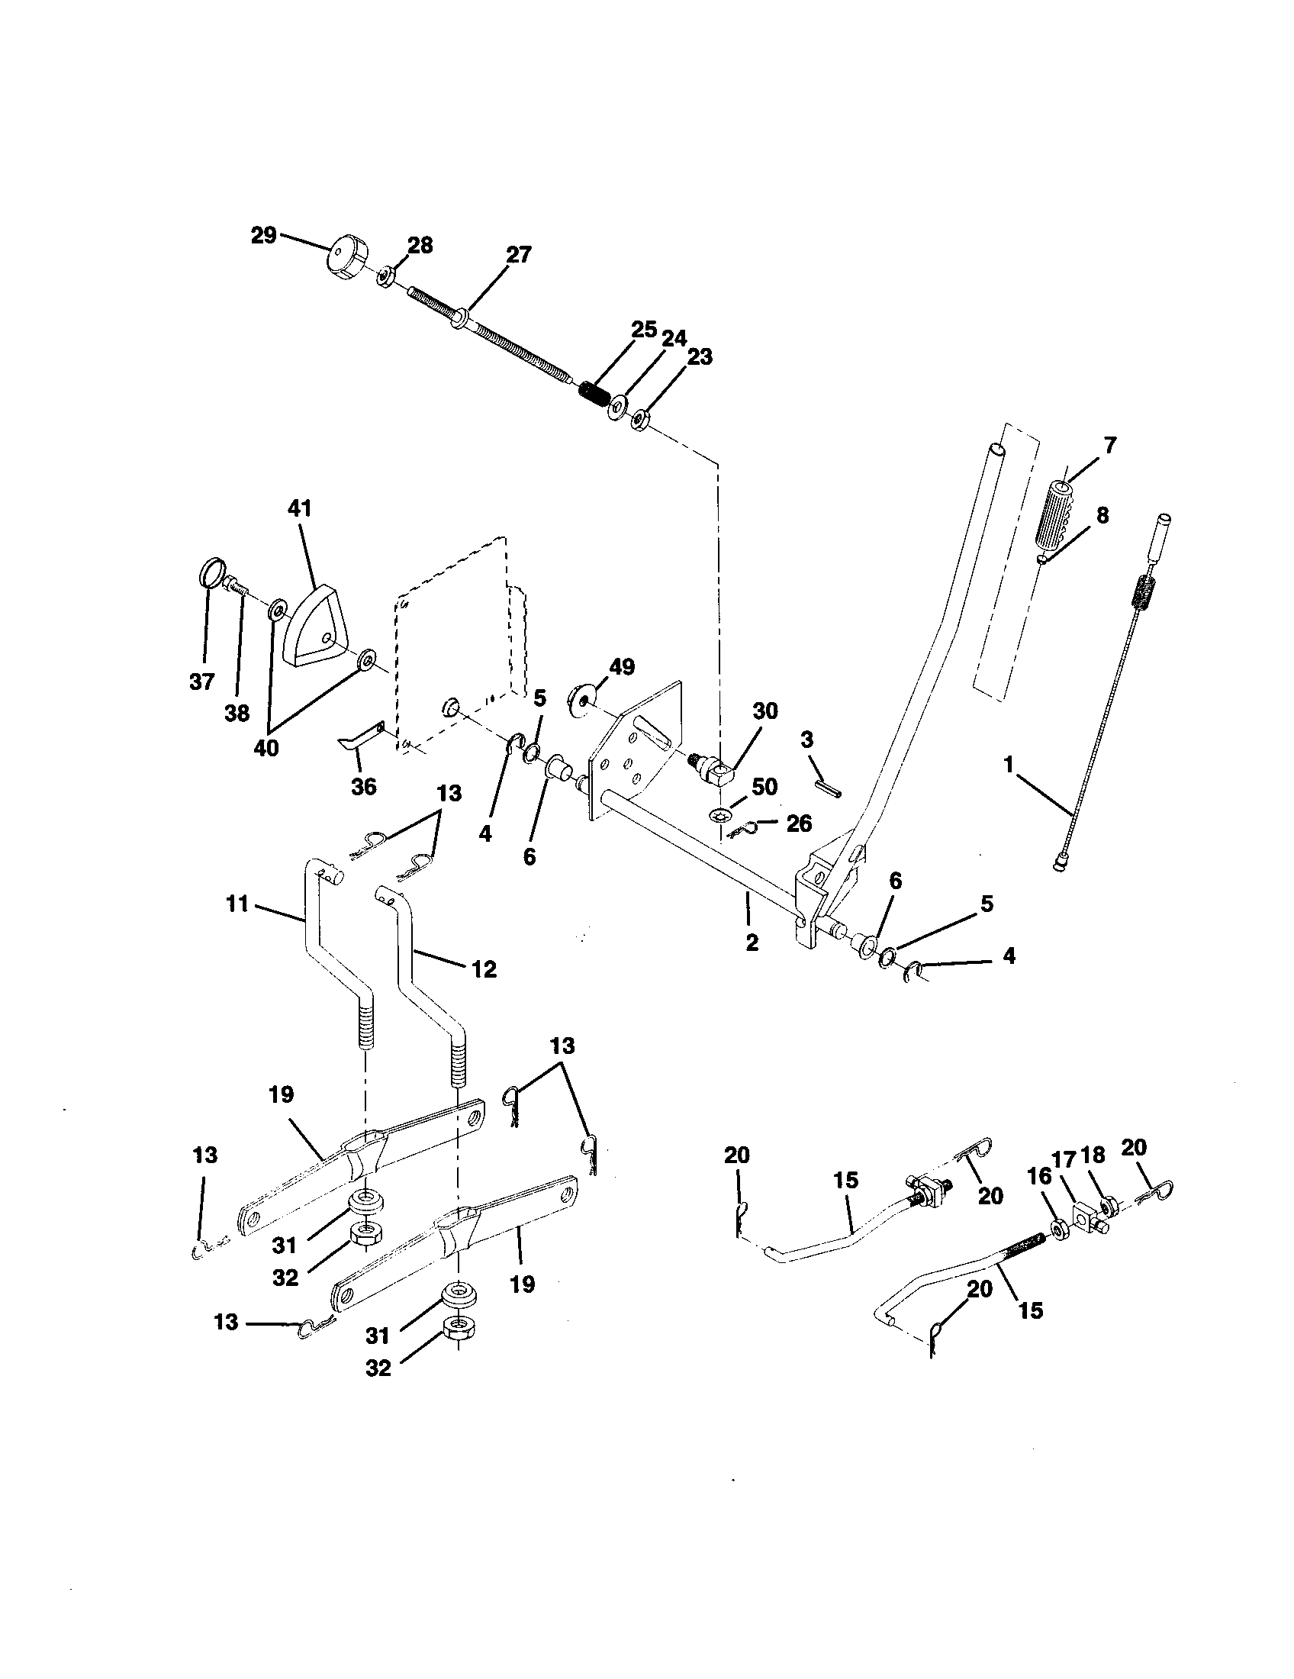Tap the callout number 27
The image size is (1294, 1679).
point(518,255)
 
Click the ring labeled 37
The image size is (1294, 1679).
point(213,574)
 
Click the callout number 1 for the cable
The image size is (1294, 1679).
point(1009,765)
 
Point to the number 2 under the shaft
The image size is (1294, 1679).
point(752,943)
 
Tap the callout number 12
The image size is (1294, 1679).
point(484,969)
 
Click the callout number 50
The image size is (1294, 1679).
point(765,786)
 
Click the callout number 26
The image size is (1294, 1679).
point(799,823)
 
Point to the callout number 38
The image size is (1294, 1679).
point(237,714)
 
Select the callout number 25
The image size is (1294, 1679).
point(643,330)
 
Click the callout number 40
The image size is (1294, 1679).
point(266,748)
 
